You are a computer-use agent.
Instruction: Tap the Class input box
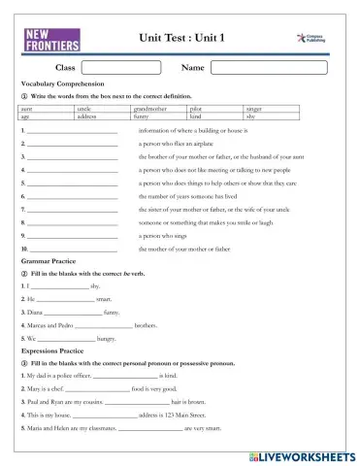point(116,68)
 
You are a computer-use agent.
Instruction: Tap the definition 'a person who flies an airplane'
point(180,143)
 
